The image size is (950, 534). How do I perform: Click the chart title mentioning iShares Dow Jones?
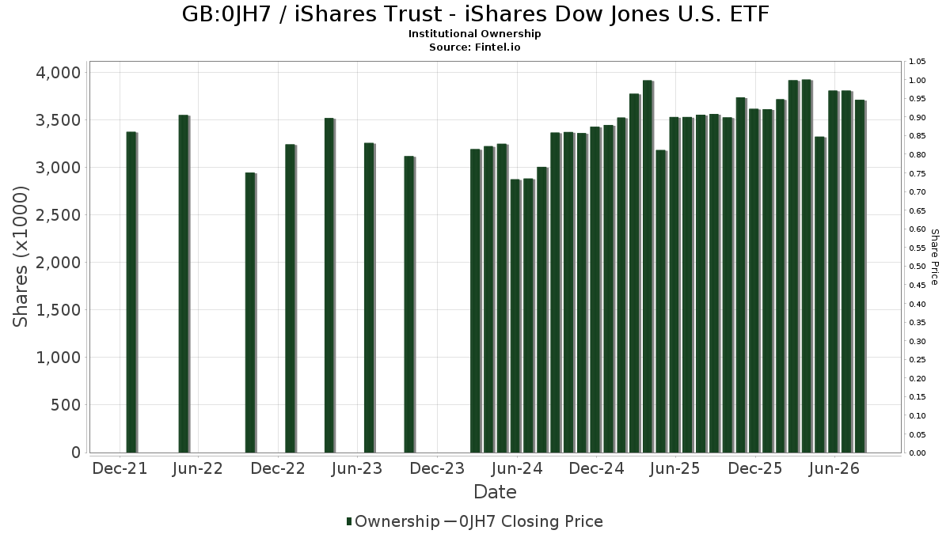click(x=475, y=14)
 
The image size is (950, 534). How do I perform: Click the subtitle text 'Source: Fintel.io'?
click(x=474, y=47)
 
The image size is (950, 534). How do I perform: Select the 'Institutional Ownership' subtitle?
click(x=474, y=34)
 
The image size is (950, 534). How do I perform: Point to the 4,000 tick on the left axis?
click(x=58, y=73)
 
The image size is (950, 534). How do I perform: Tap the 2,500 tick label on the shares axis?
click(x=58, y=215)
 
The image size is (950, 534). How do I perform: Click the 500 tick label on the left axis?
click(x=66, y=405)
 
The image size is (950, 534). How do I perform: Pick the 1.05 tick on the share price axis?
click(x=917, y=62)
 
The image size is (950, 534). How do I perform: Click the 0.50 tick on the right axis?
click(x=917, y=267)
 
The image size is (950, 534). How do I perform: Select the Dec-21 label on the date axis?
click(x=120, y=468)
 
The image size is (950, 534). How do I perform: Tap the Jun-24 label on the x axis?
click(x=517, y=468)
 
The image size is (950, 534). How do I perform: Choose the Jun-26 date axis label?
click(x=834, y=468)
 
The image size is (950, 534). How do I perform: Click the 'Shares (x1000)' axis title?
click(x=20, y=257)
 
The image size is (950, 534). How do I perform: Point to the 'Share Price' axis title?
click(x=934, y=257)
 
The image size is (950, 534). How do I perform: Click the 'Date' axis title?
click(x=495, y=492)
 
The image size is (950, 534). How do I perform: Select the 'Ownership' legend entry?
click(x=393, y=521)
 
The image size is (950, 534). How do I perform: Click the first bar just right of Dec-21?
click(x=131, y=293)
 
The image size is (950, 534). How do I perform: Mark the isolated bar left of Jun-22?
click(x=184, y=284)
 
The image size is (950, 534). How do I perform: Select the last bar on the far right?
click(x=860, y=276)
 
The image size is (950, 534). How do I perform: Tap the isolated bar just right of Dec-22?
click(x=291, y=298)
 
